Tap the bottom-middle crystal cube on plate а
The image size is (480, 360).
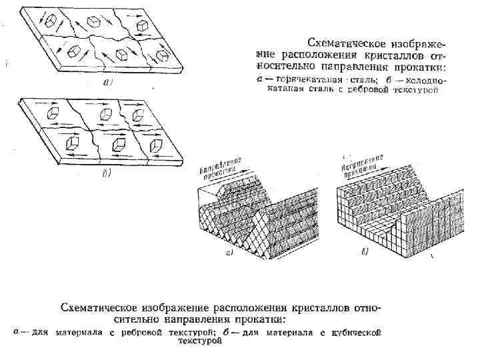coord(121,53)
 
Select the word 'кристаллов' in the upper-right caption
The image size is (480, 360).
coord(400,51)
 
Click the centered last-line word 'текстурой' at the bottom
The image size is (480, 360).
coord(199,341)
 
